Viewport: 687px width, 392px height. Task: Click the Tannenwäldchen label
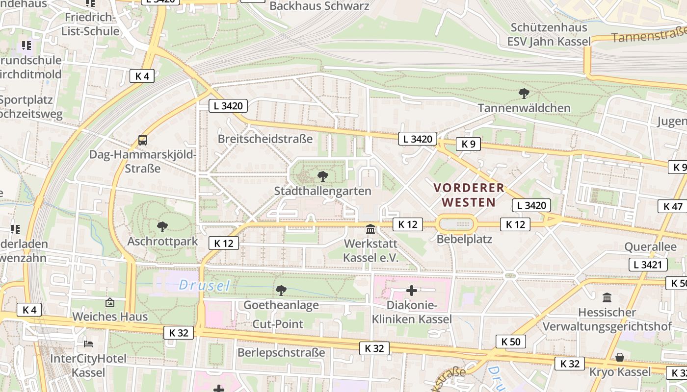click(x=524, y=108)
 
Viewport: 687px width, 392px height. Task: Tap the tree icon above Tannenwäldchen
click(x=524, y=93)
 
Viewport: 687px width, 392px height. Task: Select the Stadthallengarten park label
click(x=322, y=191)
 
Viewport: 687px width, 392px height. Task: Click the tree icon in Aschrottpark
click(x=162, y=226)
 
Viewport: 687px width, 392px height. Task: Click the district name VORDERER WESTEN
click(x=469, y=195)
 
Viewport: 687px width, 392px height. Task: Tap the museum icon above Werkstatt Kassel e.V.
click(x=370, y=229)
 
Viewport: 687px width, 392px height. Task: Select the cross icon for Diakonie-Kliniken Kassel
click(x=411, y=291)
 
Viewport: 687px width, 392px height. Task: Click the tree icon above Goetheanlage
click(x=281, y=291)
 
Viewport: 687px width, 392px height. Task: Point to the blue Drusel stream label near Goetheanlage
click(x=204, y=285)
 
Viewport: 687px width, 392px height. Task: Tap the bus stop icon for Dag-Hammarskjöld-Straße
click(x=142, y=140)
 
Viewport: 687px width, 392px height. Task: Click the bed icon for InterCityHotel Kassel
click(x=88, y=343)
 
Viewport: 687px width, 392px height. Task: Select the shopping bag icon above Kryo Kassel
click(x=620, y=357)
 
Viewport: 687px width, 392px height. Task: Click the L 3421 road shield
click(x=648, y=265)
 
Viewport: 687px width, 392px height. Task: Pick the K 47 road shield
click(x=672, y=206)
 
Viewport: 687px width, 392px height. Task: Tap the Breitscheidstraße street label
click(x=265, y=139)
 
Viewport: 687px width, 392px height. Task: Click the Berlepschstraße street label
click(x=281, y=352)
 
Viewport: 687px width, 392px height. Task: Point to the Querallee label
click(x=650, y=246)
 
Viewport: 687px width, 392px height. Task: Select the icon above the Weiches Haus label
click(x=109, y=302)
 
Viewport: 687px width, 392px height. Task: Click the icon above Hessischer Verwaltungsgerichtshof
click(x=607, y=297)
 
